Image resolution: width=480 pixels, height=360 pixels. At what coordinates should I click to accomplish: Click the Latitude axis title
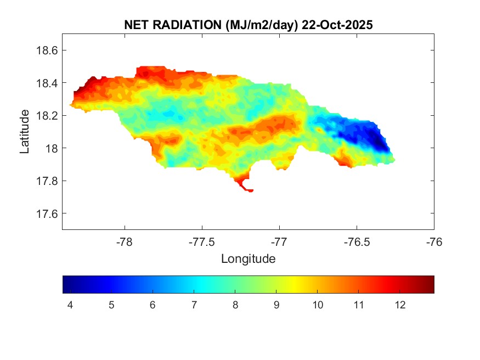(x=25, y=132)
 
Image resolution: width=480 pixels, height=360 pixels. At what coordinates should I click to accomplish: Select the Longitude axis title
(x=248, y=258)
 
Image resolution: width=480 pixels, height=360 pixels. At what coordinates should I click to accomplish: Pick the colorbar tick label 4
(x=70, y=305)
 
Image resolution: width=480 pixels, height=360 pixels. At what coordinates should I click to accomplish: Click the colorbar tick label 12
(x=400, y=305)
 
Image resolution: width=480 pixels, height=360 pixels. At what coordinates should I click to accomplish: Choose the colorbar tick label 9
(x=276, y=305)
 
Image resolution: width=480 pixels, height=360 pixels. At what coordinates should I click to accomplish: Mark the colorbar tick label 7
(x=194, y=305)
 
